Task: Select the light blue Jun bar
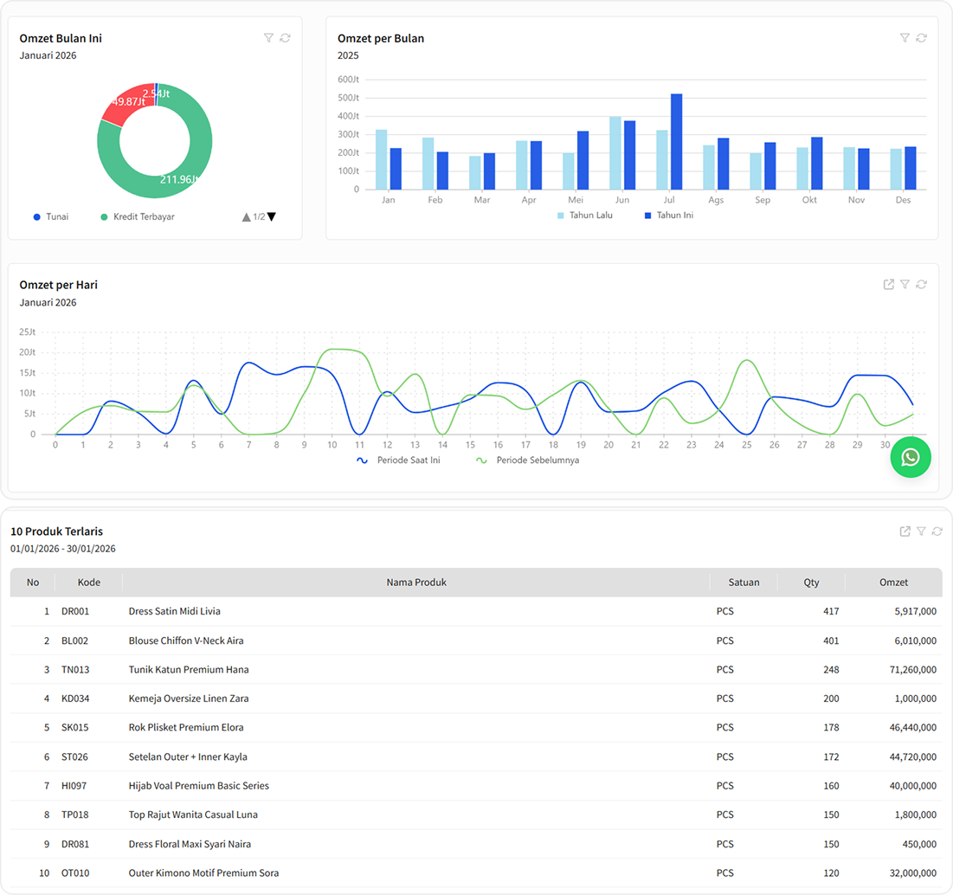point(615,153)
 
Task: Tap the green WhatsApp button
point(911,457)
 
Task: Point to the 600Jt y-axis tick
point(348,80)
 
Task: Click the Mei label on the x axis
point(576,200)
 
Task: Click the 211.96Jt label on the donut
point(180,179)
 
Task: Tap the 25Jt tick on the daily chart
point(27,332)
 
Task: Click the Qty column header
point(811,583)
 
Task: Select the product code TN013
point(75,670)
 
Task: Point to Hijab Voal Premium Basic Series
point(198,786)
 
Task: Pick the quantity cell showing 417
point(831,612)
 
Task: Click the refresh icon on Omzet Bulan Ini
point(285,38)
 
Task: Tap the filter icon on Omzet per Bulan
point(905,38)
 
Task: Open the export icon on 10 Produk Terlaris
point(905,531)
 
